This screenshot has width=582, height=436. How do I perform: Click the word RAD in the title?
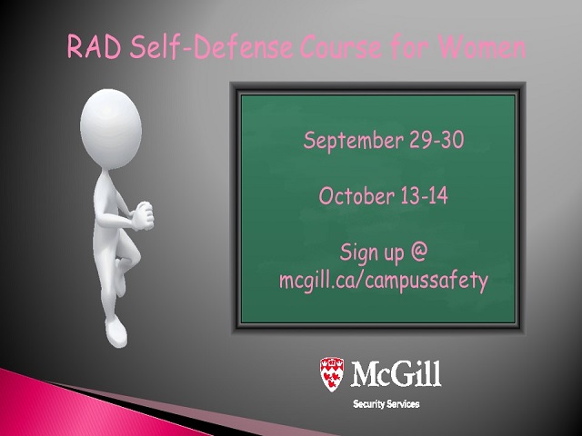(95, 47)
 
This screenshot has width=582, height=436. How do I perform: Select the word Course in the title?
(340, 47)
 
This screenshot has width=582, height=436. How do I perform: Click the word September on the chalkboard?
(353, 141)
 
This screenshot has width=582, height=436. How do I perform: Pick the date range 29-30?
(436, 140)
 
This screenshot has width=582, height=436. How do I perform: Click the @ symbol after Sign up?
(419, 251)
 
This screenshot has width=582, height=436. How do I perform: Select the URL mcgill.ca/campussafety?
(384, 280)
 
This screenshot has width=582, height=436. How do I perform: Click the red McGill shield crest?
(332, 374)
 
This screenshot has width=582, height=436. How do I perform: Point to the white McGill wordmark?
(396, 373)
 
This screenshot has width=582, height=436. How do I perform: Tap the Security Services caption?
(386, 403)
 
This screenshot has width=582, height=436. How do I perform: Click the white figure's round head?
(111, 128)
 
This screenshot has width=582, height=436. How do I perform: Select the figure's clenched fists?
(143, 215)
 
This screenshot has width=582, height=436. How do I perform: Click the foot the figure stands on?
(116, 332)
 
